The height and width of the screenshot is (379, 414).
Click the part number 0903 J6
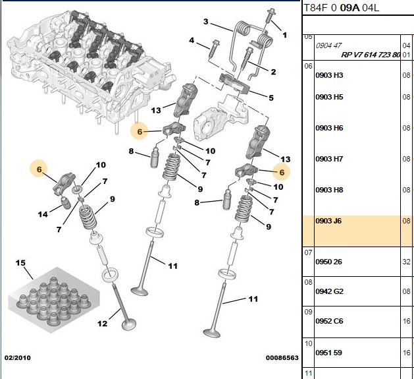328,221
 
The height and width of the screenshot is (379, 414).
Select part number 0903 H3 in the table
329,75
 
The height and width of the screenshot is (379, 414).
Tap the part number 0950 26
328,262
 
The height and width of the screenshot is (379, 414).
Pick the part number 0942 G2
329,291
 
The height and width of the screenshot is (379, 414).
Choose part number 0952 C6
329,321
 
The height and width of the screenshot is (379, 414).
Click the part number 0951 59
328,353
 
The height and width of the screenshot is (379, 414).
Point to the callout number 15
20,263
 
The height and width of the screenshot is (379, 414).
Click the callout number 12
102,324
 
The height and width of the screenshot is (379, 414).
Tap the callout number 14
43,214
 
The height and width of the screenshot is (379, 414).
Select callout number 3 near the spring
205,22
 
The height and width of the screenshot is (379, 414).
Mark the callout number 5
271,98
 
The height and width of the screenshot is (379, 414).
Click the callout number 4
192,40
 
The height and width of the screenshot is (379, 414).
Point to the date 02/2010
17,358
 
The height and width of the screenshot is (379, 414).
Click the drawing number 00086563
282,358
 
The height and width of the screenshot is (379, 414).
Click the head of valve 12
129,324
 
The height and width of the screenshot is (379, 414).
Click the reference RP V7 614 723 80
371,55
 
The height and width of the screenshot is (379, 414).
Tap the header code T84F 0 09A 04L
342,8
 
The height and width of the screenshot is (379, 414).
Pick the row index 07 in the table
308,252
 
